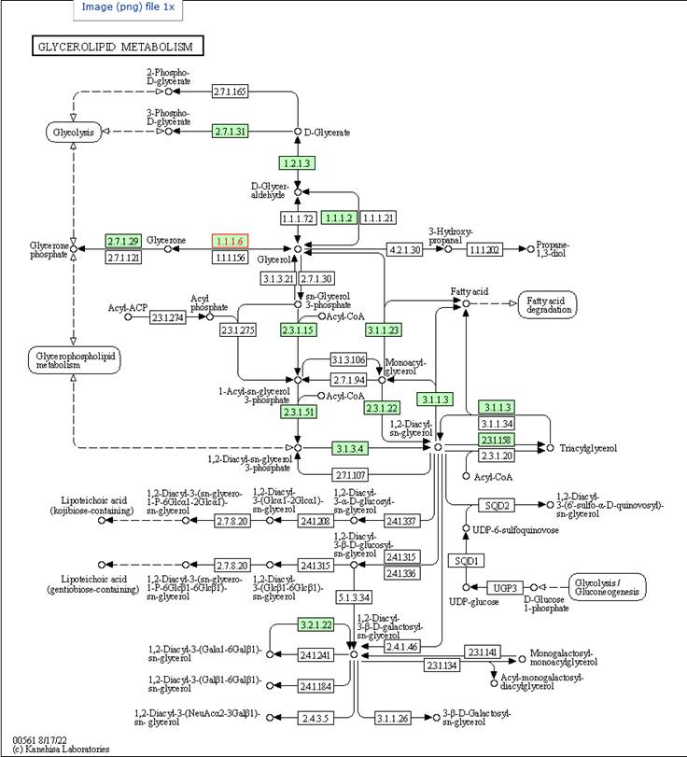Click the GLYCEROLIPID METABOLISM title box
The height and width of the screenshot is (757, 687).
pos(117,46)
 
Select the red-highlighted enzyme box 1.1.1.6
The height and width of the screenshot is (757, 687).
pos(230,241)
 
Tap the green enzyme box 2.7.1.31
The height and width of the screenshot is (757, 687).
pos(230,132)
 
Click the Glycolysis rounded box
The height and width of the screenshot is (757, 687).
pos(73,133)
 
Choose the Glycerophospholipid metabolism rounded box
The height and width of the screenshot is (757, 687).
pos(74,361)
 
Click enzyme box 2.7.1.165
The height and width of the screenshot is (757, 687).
pos(230,91)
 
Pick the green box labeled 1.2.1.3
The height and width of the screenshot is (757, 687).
pos(297,162)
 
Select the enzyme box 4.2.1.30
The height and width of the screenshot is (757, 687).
pos(404,249)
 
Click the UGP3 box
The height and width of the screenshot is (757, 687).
pos(504,587)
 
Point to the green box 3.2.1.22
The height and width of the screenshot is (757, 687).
pos(315,624)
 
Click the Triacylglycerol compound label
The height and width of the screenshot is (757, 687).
pos(588,449)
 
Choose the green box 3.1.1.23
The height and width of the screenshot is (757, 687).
pos(383,329)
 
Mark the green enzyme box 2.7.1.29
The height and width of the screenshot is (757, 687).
pos(122,241)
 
